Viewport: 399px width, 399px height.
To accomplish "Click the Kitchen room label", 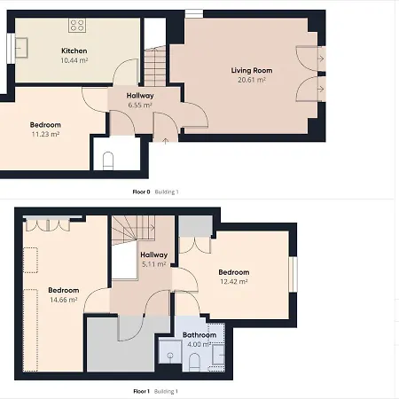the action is pos(74,51).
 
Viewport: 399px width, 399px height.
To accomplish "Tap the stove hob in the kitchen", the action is pos(77,25).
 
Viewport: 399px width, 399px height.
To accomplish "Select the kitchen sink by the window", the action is pos(21,48).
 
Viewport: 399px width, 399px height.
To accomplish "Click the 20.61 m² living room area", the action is pos(252,80).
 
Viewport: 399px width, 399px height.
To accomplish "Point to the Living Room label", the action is pos(252,70).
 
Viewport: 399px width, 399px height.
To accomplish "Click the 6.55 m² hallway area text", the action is pos(140,105).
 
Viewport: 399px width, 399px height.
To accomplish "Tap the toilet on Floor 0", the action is pos(108,160).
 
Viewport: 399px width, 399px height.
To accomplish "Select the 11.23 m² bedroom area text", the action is pos(45,134).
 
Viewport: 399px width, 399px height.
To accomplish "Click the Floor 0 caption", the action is pos(141,192).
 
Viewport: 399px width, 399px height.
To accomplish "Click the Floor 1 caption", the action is pos(142,391).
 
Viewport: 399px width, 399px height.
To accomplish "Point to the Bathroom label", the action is pos(199,335).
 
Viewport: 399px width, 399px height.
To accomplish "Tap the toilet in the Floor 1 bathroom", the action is pos(194,363).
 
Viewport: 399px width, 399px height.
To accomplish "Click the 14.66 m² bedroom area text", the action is pos(64,300).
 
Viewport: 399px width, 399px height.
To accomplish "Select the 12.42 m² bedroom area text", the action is pos(234,282).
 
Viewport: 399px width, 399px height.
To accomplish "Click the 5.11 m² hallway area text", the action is pos(153,264).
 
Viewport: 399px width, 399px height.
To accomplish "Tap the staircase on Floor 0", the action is pos(155,66).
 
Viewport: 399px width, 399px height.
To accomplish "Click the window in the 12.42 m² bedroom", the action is pos(293,274).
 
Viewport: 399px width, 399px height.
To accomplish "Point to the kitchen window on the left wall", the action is pos(11,48).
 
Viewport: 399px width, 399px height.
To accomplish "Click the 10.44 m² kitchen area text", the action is pos(74,60).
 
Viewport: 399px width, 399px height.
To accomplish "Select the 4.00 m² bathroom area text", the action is pos(199,344).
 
